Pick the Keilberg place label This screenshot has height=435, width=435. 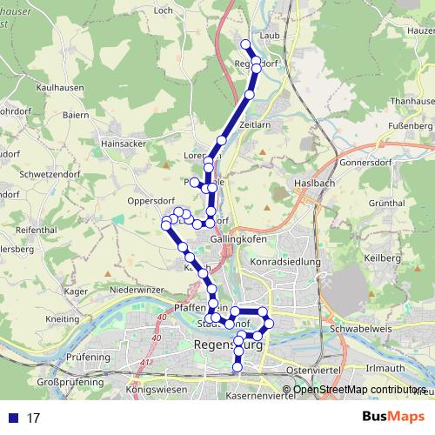click(380, 258)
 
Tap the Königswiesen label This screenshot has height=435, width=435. click(157, 391)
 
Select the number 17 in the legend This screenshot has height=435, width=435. click(34, 418)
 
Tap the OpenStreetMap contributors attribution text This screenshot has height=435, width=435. click(358, 391)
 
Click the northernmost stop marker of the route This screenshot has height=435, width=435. click(245, 43)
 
